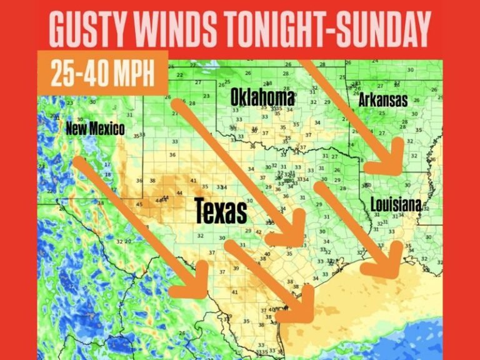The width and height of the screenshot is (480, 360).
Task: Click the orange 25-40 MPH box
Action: tap(102, 73)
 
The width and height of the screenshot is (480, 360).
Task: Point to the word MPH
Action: tap(132, 73)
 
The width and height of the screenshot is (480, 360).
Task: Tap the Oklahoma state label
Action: tap(262, 97)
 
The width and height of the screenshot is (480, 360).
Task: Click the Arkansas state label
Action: tap(382, 100)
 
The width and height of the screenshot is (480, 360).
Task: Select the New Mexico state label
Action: tap(95, 129)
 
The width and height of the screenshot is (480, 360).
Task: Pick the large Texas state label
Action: tap(221, 211)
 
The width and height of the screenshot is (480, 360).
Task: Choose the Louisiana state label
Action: tap(395, 204)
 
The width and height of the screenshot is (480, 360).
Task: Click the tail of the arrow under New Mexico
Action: tap(79, 162)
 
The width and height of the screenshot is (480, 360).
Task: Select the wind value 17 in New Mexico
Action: tap(107, 165)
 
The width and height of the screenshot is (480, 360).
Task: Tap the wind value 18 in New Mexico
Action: tap(107, 173)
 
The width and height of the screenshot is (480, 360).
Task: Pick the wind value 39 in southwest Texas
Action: tap(236, 268)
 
